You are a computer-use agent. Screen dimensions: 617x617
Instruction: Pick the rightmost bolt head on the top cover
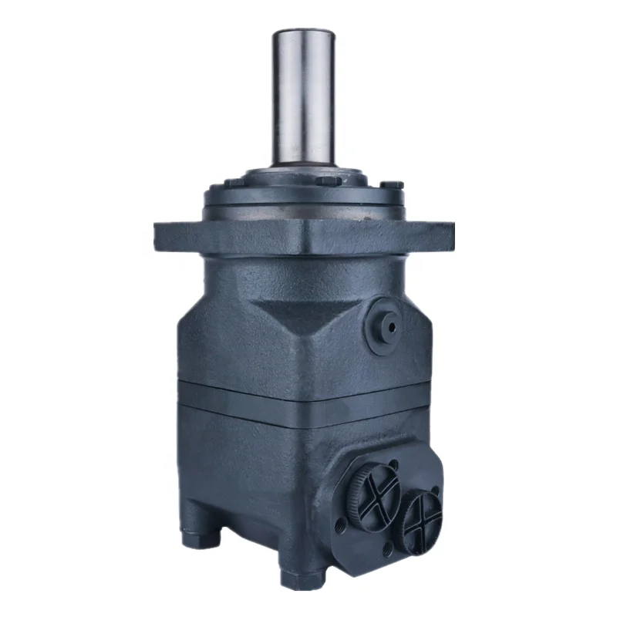(x=393, y=185)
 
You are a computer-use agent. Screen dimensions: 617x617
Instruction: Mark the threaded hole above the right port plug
(x=437, y=487)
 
